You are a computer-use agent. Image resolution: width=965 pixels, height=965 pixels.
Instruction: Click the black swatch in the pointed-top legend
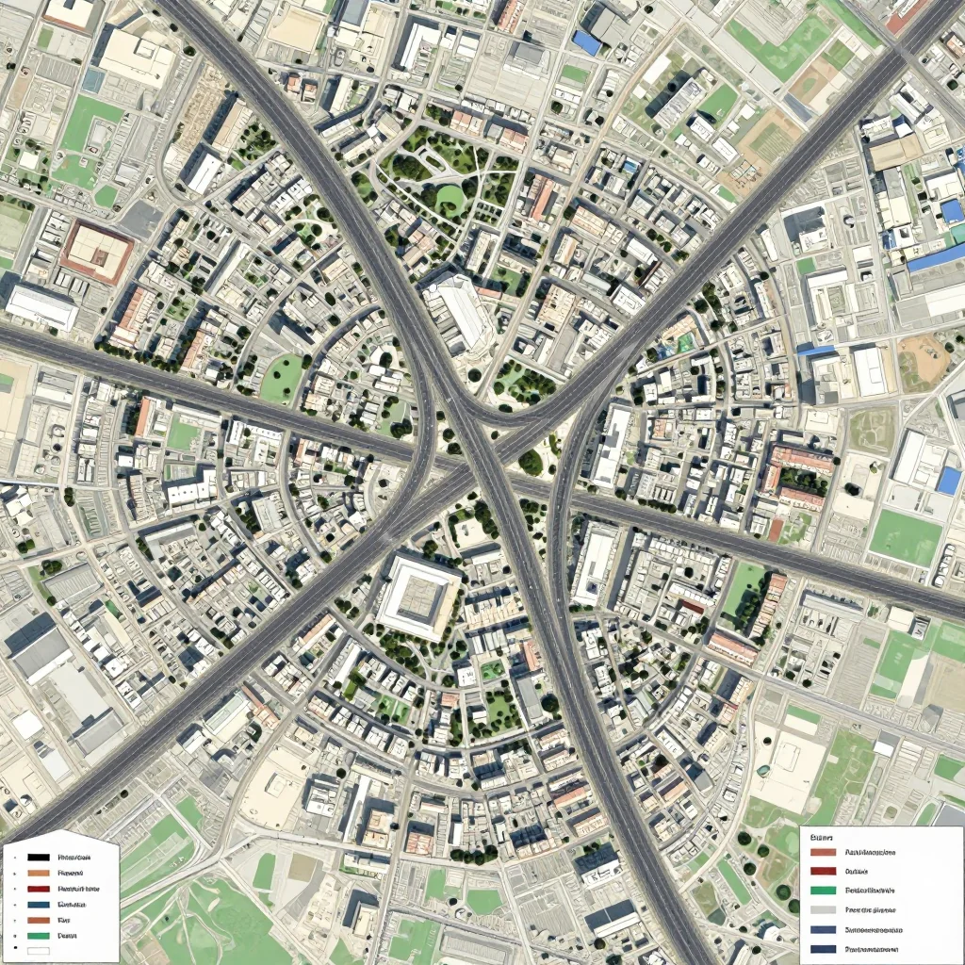point(38,858)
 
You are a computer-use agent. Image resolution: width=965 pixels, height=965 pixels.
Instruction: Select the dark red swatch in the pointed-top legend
point(38,889)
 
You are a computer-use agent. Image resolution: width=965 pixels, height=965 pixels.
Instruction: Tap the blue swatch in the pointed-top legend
point(38,904)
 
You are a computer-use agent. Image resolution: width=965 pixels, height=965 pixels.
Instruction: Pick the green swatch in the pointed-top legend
point(38,935)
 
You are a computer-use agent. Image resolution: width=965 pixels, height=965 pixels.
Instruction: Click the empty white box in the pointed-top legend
point(38,951)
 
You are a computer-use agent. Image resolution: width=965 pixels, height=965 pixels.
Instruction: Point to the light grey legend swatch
point(823,910)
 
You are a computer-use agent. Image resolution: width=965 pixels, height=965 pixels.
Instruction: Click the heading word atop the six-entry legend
point(824,836)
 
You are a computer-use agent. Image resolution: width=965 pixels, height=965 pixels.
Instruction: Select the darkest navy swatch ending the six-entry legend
point(823,949)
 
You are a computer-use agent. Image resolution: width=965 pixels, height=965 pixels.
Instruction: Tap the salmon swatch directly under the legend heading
point(823,853)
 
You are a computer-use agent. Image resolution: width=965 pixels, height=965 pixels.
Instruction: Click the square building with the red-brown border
point(96,252)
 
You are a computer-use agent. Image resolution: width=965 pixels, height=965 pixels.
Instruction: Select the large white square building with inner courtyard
point(418,597)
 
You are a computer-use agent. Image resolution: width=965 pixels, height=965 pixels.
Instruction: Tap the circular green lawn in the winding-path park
point(449,198)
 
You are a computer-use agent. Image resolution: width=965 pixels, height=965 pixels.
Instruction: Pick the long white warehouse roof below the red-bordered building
point(41,306)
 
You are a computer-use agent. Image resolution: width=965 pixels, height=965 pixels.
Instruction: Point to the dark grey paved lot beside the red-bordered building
point(141,219)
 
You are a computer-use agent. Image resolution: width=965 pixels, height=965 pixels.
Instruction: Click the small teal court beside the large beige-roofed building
point(92,81)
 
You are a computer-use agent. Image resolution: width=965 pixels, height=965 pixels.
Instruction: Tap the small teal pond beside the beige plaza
point(685,344)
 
